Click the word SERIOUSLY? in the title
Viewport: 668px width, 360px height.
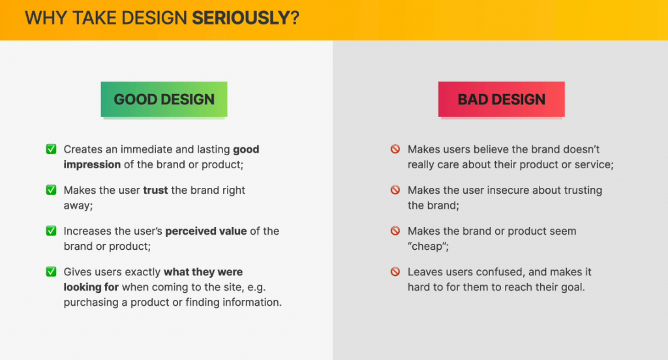pyautogui.click(x=245, y=18)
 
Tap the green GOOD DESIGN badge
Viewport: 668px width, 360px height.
pyautogui.click(x=164, y=99)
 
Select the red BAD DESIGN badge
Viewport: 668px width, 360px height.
pyautogui.click(x=502, y=99)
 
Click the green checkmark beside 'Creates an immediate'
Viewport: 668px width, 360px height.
pyautogui.click(x=51, y=149)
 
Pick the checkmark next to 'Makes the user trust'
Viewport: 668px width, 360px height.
pyautogui.click(x=51, y=190)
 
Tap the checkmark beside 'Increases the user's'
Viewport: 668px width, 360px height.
pyautogui.click(x=51, y=231)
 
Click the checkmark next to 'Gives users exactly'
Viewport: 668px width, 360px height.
pyautogui.click(x=51, y=272)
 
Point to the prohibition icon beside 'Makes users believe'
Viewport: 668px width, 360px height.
pyautogui.click(x=395, y=149)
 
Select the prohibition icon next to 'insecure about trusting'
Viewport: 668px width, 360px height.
pyautogui.click(x=395, y=190)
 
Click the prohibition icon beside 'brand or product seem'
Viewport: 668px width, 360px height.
pyautogui.click(x=395, y=231)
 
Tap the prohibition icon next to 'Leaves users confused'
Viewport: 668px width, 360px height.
pyautogui.click(x=395, y=272)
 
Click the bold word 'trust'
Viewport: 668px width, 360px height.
pyautogui.click(x=155, y=190)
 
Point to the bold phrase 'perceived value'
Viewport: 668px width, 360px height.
pyautogui.click(x=206, y=232)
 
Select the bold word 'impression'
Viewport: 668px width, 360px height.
pyautogui.click(x=92, y=165)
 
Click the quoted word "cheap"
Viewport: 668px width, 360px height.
pyautogui.click(x=427, y=247)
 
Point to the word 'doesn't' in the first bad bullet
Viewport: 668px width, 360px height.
pyautogui.click(x=581, y=149)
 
